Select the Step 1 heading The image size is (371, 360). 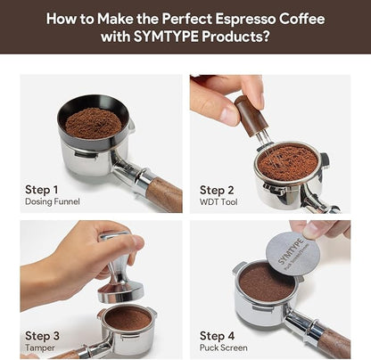click(x=43, y=190)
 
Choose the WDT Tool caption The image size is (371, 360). click(x=219, y=202)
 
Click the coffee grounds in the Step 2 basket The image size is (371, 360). click(x=287, y=162)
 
